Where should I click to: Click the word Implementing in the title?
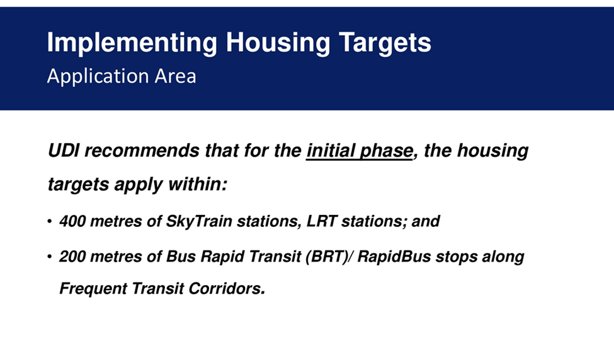coord(132,43)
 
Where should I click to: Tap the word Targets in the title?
coord(385,43)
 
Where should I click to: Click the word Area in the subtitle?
coord(176,76)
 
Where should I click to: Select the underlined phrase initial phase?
coord(360,151)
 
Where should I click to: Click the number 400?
coord(72,221)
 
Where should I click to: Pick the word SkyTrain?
coord(200,221)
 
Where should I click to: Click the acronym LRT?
coord(322,221)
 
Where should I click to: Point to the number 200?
coord(72,257)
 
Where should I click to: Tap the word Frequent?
coord(93,289)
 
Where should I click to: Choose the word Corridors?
coord(227,289)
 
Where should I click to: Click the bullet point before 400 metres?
coord(49,221)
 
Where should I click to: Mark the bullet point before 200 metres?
coord(49,257)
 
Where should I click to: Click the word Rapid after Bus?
coord(222,257)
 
